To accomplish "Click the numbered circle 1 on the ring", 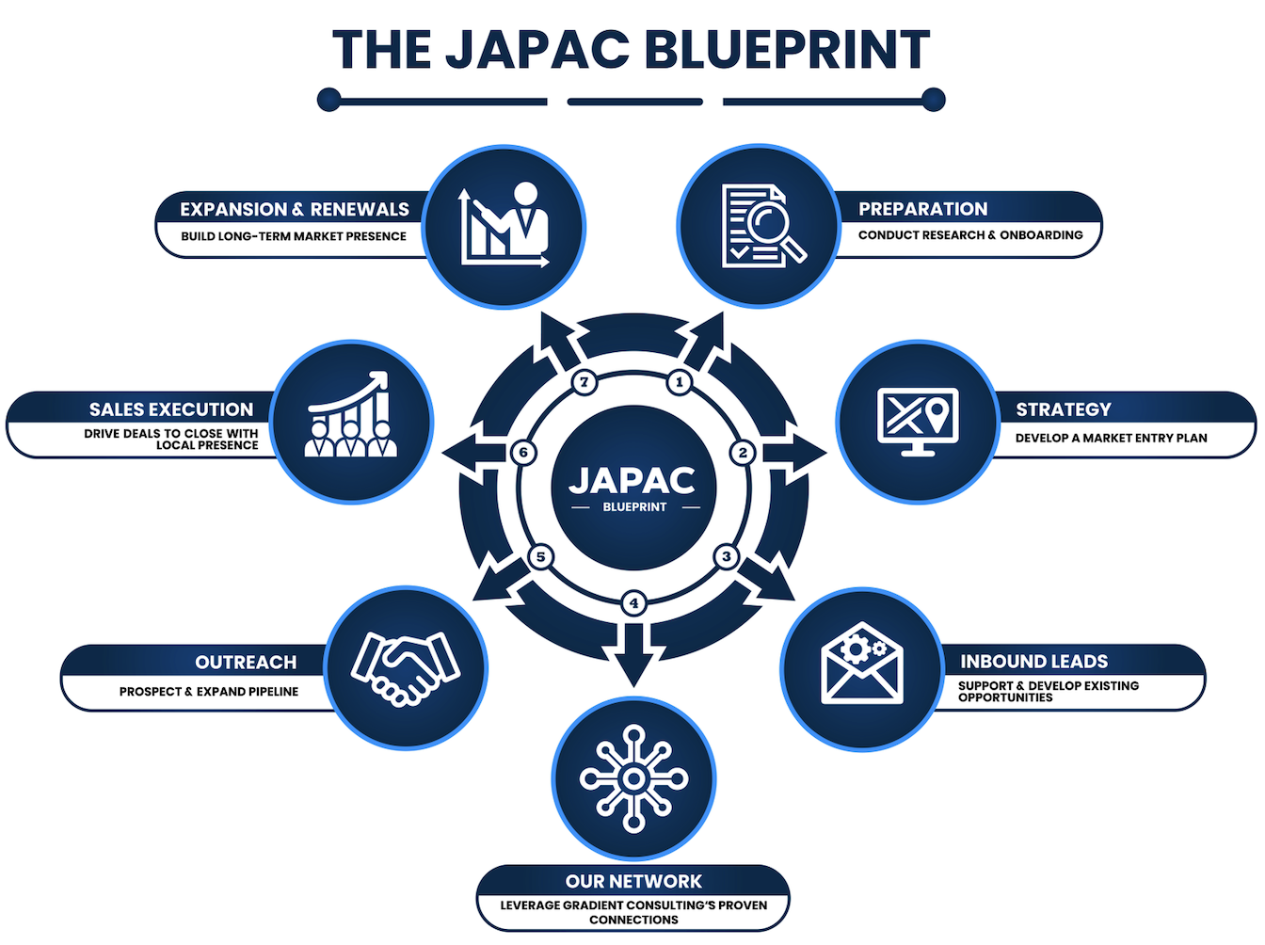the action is point(679,382).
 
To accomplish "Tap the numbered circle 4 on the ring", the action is point(633,602).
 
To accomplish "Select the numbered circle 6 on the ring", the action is point(524,453).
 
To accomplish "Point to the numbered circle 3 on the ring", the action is point(726,556).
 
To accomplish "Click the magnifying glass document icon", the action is point(761,226).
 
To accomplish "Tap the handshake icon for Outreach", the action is point(406,667).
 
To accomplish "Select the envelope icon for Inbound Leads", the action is point(861,665).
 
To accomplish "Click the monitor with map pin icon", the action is point(917,421).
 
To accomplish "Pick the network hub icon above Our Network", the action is point(633,778).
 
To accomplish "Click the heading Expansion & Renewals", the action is point(295,209).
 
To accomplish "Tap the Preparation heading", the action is point(922,209).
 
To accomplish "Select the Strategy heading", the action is point(1063,409).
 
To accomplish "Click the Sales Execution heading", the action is point(171,409).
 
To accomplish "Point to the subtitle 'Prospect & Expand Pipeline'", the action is point(209,692).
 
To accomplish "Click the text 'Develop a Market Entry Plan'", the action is point(1111,438).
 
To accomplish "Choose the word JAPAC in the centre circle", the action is point(632,480).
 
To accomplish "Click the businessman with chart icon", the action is point(504,226).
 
